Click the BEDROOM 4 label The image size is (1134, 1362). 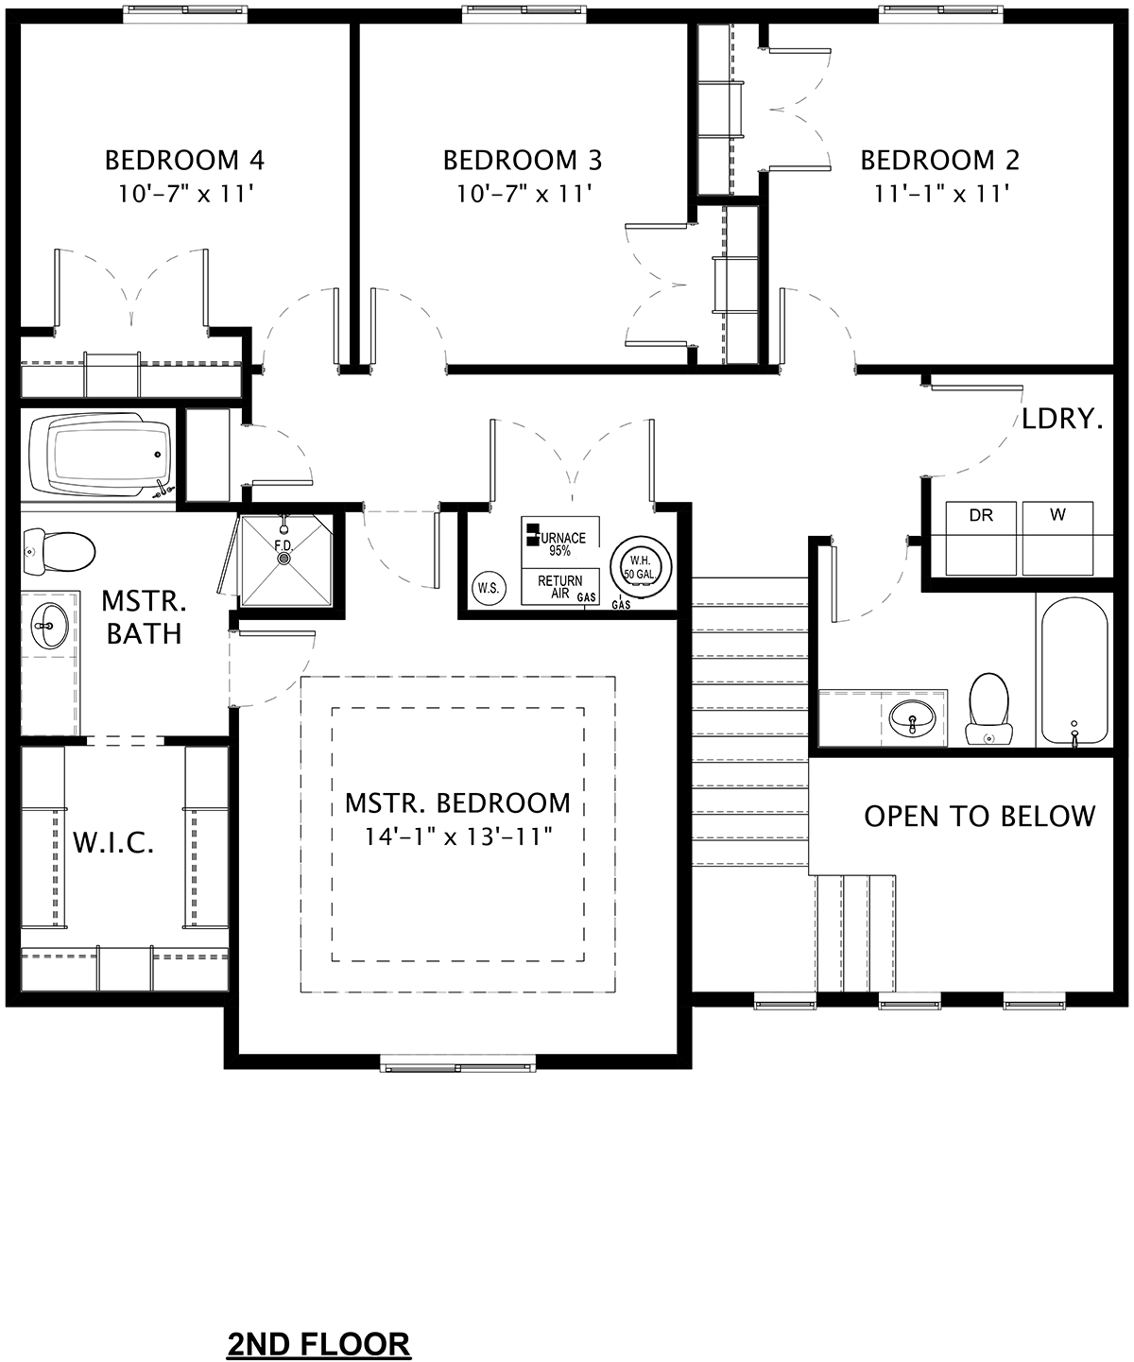point(184,161)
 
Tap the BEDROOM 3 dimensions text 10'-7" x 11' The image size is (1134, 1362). point(524,194)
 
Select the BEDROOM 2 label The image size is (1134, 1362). point(939,161)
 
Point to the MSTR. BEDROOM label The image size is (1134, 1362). point(457,803)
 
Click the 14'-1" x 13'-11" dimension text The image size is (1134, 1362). point(457,836)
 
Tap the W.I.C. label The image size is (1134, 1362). point(112,843)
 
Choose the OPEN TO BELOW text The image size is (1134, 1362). point(979,816)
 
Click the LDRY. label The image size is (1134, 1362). point(1062,419)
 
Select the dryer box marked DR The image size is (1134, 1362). point(981,538)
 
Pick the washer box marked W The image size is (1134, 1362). point(1057,538)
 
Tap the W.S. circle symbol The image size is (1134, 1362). point(489,588)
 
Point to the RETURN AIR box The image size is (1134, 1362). point(560,586)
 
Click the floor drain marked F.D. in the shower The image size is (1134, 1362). point(283,559)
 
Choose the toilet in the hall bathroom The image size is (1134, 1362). point(988,710)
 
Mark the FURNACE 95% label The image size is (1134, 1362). point(560,543)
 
